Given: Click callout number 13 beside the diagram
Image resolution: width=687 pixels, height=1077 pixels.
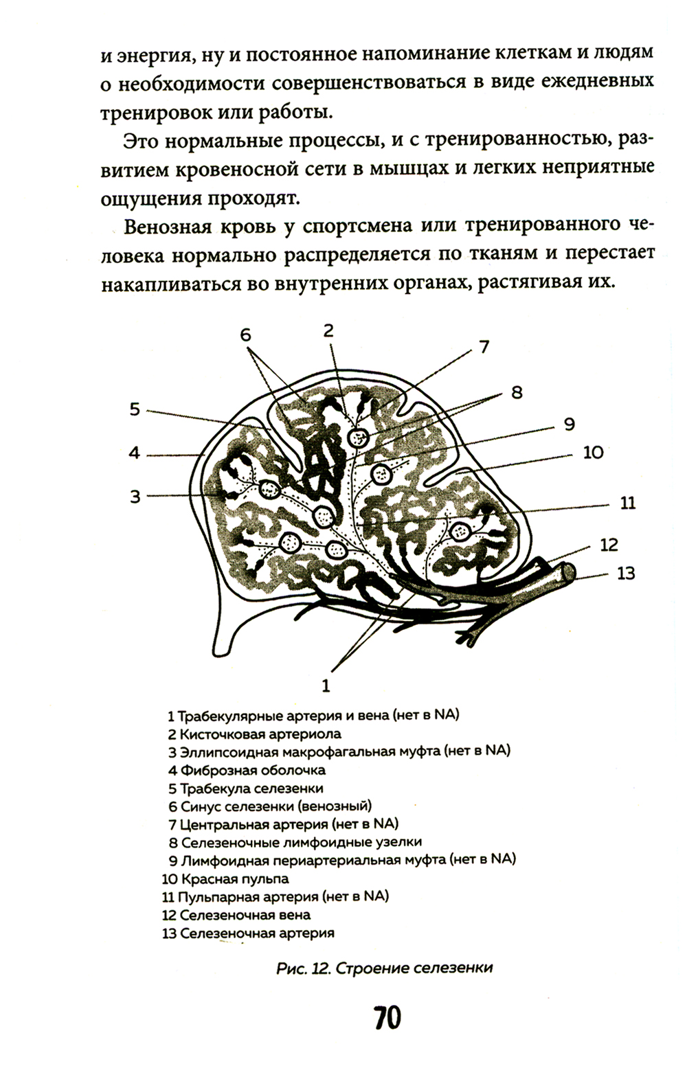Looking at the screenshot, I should [625, 572].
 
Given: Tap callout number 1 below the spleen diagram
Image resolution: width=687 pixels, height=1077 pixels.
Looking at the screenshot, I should [326, 685].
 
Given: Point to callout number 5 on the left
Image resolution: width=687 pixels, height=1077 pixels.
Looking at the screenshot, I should [135, 410].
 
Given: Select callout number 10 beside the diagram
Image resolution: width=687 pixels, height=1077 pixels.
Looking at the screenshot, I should [593, 452].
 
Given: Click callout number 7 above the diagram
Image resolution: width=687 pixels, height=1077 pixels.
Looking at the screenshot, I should [484, 346].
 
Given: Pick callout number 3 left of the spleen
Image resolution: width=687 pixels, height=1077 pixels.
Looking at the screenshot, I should [135, 495].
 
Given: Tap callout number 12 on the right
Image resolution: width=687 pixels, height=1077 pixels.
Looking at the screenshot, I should [609, 545].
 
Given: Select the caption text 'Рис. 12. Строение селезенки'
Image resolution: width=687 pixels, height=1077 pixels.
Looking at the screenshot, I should [384, 968].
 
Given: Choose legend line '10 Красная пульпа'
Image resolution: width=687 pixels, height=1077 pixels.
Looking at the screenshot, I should [225, 878].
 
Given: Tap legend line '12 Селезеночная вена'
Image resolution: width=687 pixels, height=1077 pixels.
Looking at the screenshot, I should [236, 915].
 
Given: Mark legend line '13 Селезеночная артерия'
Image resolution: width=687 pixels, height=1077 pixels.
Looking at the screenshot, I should [248, 933].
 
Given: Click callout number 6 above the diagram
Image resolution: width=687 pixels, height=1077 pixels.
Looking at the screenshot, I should [246, 335].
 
